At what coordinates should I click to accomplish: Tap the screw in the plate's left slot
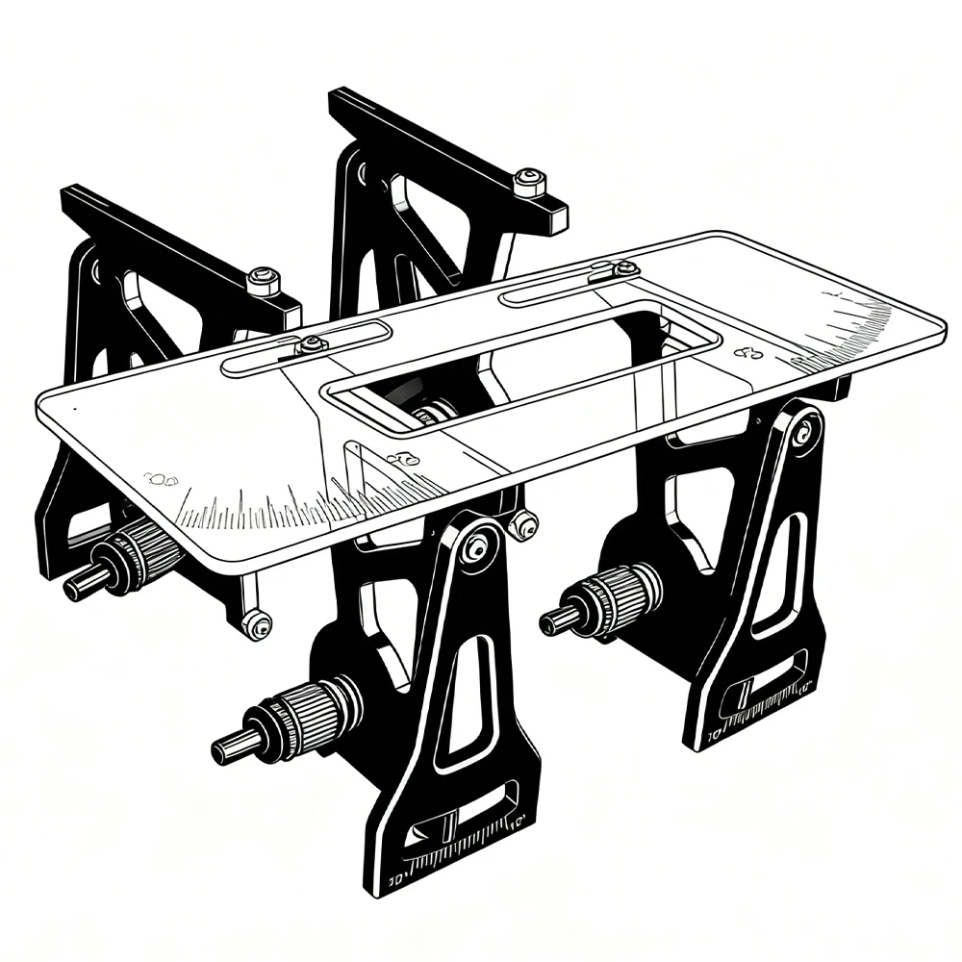[x=313, y=343]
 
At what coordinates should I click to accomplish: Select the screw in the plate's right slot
[x=624, y=268]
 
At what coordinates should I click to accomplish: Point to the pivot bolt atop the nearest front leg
[x=474, y=549]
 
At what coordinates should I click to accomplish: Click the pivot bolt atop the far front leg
[x=801, y=432]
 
